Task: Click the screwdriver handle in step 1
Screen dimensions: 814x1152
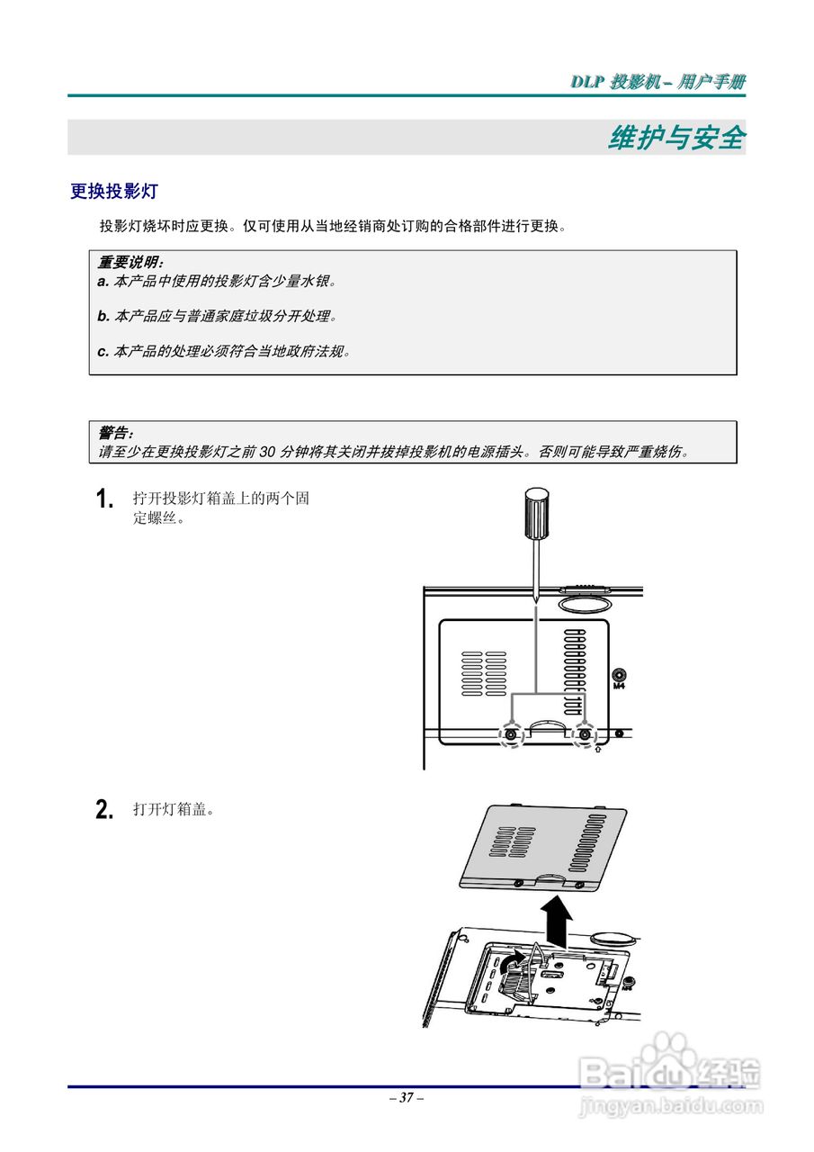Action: [x=536, y=513]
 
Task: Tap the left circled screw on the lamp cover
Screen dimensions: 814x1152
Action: [x=511, y=735]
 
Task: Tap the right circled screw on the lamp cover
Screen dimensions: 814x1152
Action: [x=586, y=735]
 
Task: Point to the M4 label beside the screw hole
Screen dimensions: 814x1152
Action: [x=618, y=686]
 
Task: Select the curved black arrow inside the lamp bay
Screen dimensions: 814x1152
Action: [x=509, y=967]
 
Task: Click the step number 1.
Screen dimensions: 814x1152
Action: [x=104, y=499]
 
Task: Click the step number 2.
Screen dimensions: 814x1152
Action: [x=104, y=810]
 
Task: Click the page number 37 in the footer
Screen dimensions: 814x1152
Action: [x=407, y=1098]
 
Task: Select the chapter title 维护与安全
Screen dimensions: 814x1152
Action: [x=676, y=138]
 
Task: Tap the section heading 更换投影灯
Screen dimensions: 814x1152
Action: [x=114, y=192]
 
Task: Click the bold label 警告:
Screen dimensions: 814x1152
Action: [x=115, y=433]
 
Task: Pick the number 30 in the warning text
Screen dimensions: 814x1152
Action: [x=268, y=452]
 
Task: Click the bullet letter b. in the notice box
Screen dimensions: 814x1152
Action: [x=103, y=316]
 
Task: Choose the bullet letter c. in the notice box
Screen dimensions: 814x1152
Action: [x=103, y=351]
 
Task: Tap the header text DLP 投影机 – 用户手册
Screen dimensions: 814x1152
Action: [x=657, y=82]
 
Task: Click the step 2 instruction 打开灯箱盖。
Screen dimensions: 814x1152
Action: [x=173, y=810]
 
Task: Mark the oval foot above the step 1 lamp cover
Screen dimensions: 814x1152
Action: [x=586, y=599]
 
